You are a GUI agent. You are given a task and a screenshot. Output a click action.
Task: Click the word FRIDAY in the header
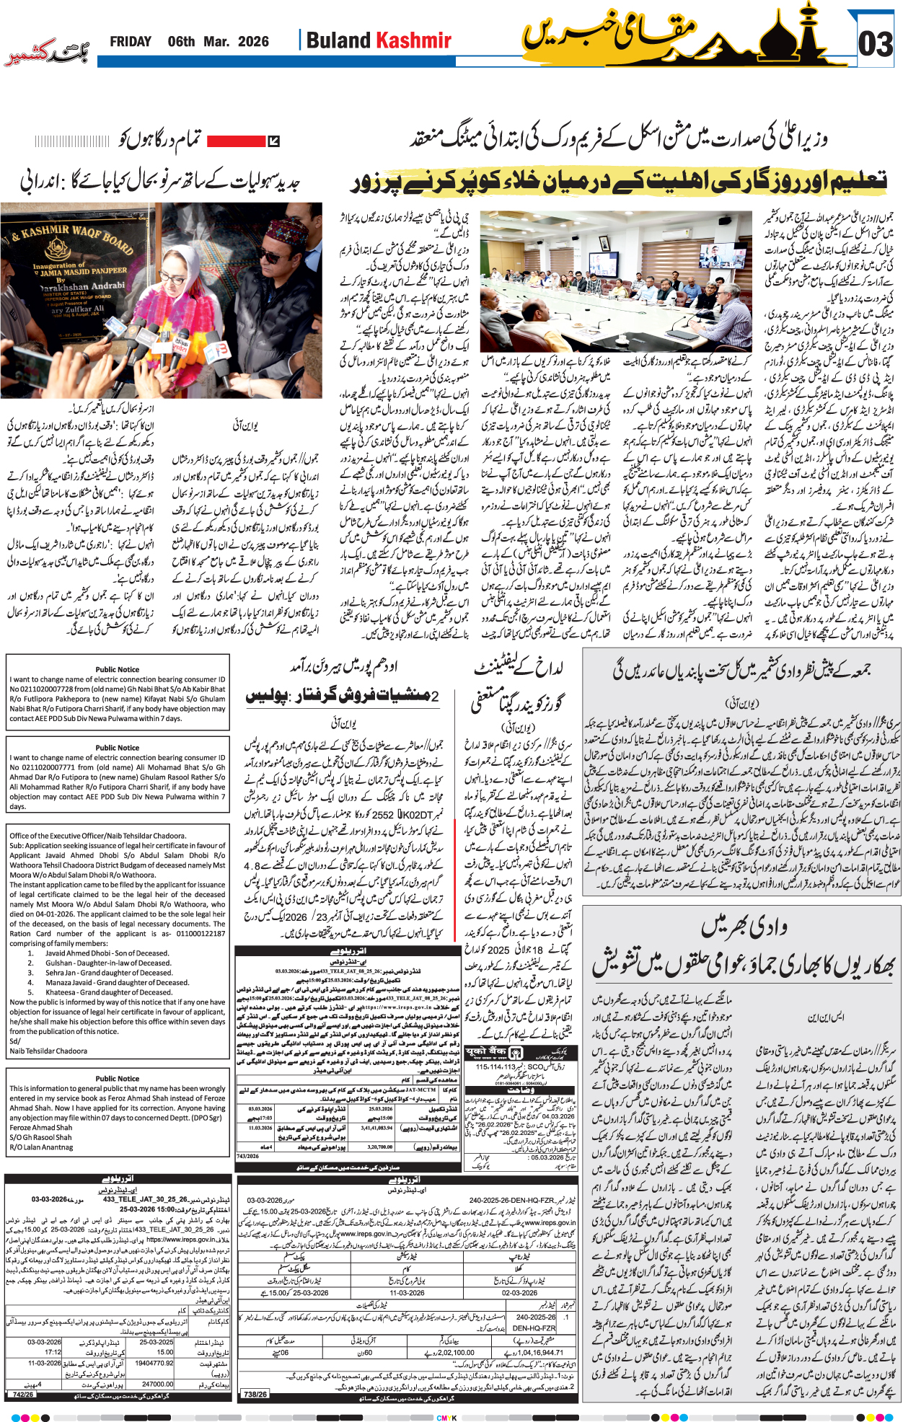pos(131,42)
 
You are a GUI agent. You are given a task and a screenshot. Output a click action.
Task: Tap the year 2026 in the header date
pos(253,42)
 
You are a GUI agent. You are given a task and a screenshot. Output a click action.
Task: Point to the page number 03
pos(876,44)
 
